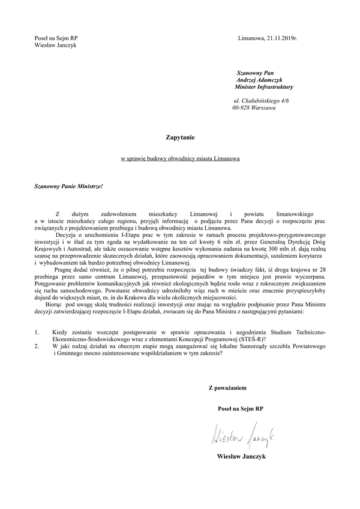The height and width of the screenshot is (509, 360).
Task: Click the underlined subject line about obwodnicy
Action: [180, 159]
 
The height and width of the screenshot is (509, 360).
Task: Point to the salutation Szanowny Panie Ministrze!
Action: [68, 186]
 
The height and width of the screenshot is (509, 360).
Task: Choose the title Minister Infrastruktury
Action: [264, 87]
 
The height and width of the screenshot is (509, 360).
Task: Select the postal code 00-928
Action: [241, 109]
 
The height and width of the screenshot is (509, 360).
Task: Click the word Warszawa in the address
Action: [264, 109]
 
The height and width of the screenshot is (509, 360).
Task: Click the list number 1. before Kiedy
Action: [37, 332]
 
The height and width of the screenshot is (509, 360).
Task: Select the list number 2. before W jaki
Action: [37, 346]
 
